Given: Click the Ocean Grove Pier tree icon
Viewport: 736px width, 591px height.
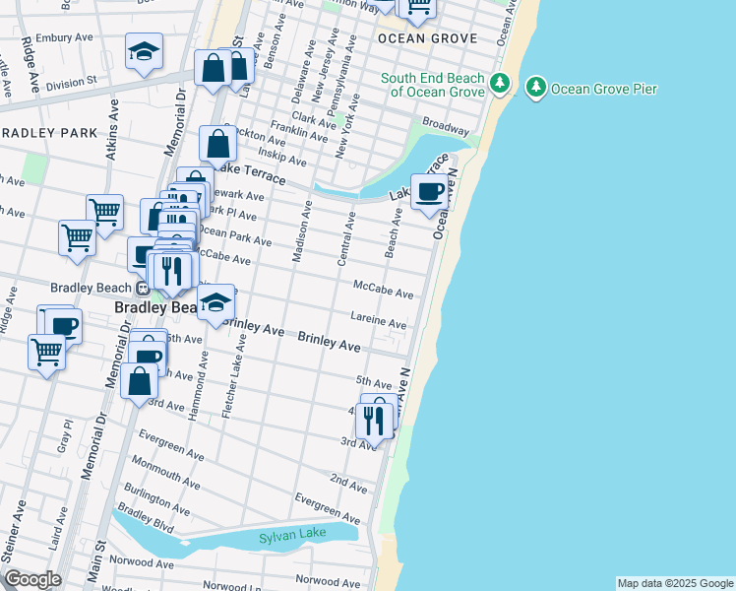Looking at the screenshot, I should (536, 88).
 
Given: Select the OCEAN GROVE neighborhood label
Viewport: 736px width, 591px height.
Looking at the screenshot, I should (427, 38).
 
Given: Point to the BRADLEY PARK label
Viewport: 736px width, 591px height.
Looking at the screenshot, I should (48, 133).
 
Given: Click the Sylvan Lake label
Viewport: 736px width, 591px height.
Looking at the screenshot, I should (284, 538).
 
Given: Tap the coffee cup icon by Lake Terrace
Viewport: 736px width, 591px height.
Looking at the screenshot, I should (430, 192).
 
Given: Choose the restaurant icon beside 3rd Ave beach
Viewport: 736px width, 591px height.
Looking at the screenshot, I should (374, 421).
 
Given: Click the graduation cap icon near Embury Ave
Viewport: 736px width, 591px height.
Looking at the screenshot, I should (145, 53).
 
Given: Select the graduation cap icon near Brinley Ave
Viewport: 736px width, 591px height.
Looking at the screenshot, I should (215, 303).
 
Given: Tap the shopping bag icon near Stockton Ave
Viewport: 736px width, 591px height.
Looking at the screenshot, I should (218, 145).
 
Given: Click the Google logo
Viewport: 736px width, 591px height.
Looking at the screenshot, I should (32, 579).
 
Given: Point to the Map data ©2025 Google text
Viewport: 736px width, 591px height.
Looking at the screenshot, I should (674, 583).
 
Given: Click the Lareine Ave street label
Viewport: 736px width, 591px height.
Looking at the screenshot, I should (379, 323).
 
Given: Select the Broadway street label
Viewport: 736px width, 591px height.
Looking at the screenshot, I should (446, 128).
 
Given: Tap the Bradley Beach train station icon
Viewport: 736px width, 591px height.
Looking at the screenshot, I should (143, 289).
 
